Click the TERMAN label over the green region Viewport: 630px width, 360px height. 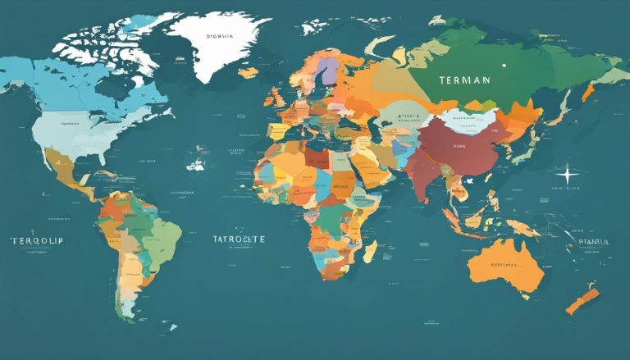coord(463,80)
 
